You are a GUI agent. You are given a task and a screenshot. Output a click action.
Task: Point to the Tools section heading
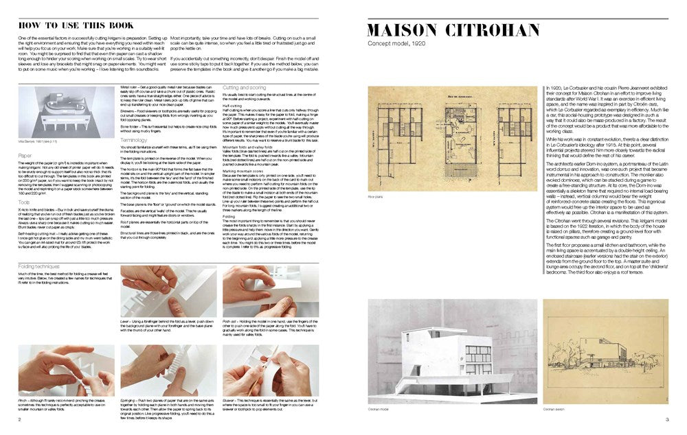pyautogui.click(x=24, y=202)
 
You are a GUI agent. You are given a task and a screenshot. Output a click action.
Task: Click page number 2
pyautogui.click(x=20, y=420)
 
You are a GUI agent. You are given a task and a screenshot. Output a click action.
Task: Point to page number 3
pyautogui.click(x=666, y=420)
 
